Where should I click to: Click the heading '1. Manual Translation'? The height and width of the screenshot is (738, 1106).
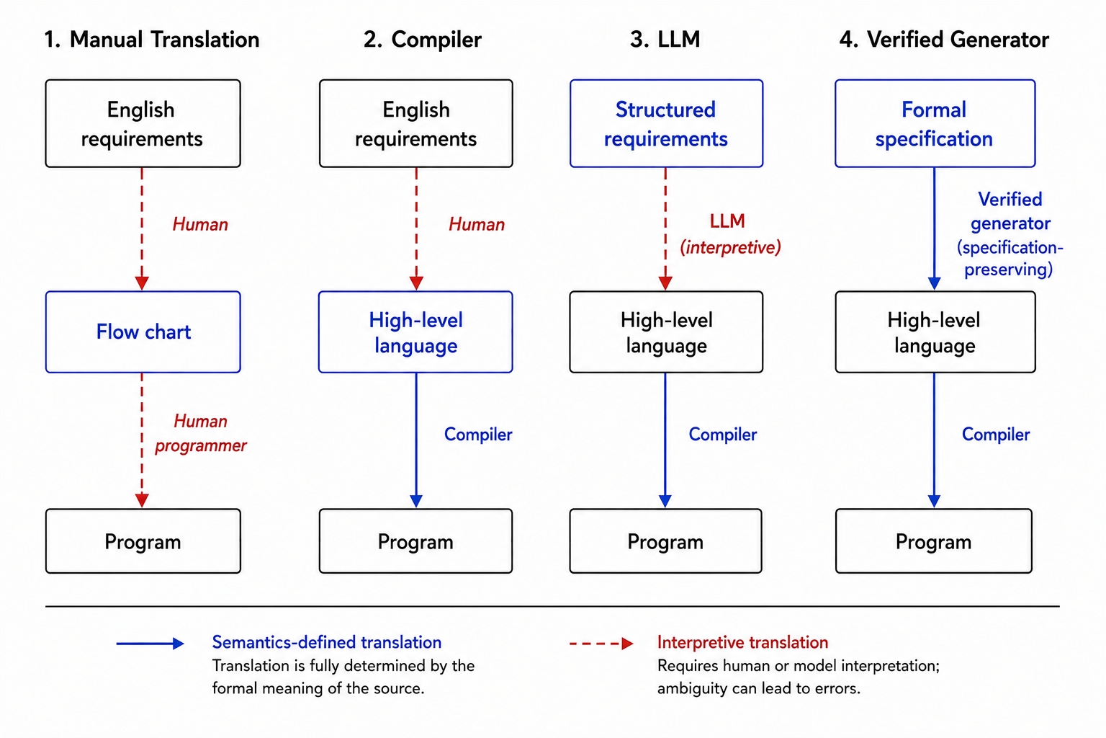(x=152, y=40)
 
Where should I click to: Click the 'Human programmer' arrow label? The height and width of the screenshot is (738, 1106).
(x=200, y=434)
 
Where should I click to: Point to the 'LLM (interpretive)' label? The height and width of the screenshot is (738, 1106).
(x=729, y=234)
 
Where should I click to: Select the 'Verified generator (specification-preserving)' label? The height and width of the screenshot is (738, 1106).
(x=1010, y=234)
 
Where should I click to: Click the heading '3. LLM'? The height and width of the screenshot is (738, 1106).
(x=665, y=40)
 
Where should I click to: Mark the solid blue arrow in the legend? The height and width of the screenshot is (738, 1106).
(x=150, y=644)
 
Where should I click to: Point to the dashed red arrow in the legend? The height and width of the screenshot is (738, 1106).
(x=601, y=644)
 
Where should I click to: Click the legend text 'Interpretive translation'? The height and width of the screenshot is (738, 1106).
(x=742, y=642)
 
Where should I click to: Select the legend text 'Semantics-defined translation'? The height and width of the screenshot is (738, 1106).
(x=327, y=642)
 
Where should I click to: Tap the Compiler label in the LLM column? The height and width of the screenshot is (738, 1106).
(x=723, y=435)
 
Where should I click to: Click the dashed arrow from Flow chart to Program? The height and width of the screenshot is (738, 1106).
(x=142, y=440)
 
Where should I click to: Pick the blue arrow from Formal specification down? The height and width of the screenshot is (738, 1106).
(x=934, y=229)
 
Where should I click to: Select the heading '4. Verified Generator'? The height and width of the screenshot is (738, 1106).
(x=944, y=40)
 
